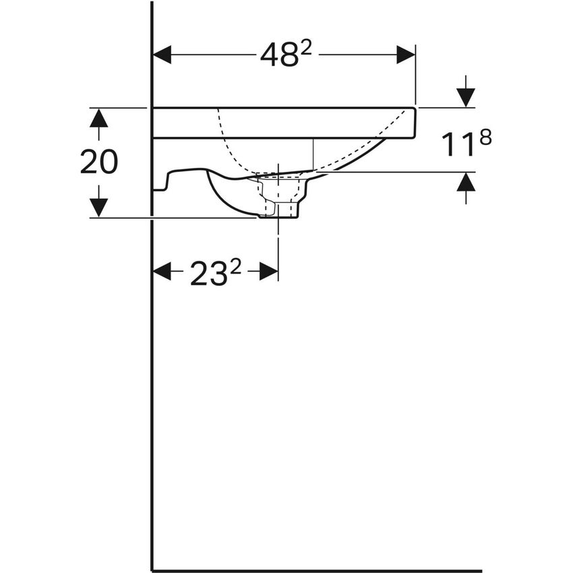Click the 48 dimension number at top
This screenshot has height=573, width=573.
click(278, 56)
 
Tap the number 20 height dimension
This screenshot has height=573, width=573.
click(99, 162)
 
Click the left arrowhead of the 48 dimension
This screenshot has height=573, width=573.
click(162, 55)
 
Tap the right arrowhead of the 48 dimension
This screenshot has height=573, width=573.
click(405, 55)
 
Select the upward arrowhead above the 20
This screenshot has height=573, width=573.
click(99, 118)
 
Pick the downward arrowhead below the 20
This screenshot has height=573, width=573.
click(99, 207)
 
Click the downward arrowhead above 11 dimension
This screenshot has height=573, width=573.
click(465, 97)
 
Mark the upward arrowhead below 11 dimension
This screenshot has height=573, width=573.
click(465, 182)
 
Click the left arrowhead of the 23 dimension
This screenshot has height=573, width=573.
click(162, 272)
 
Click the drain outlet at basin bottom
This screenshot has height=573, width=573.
click(278, 210)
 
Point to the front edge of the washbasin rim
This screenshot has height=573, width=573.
click(413, 121)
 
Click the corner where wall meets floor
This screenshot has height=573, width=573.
click(152, 570)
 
